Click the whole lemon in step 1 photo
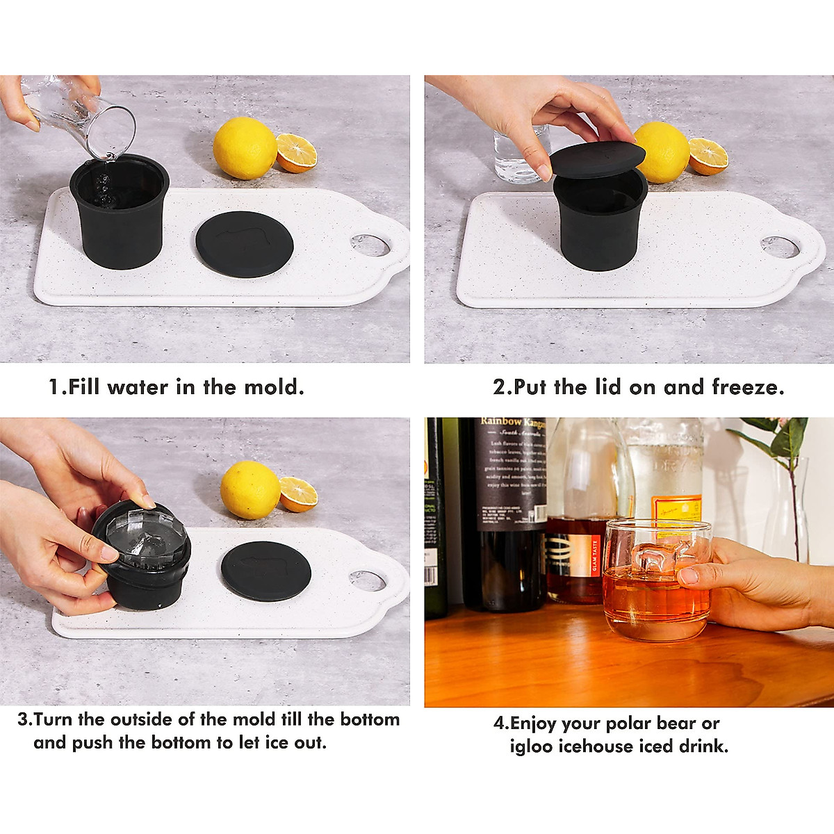click(x=244, y=148)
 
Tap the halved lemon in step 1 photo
click(x=297, y=154)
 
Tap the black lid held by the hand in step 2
click(x=596, y=161)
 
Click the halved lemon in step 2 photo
click(x=708, y=156)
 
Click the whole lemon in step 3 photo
click(x=250, y=489)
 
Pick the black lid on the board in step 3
click(x=265, y=571)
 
